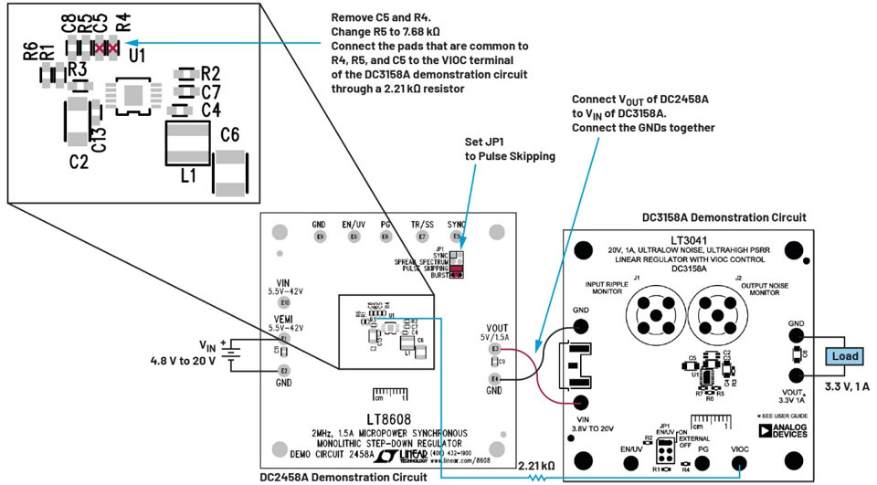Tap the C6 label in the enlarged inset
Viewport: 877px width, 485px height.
[229, 135]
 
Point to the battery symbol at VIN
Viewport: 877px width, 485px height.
[238, 353]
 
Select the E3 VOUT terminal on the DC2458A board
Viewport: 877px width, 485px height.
[495, 349]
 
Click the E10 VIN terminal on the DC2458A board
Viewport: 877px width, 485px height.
[285, 302]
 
